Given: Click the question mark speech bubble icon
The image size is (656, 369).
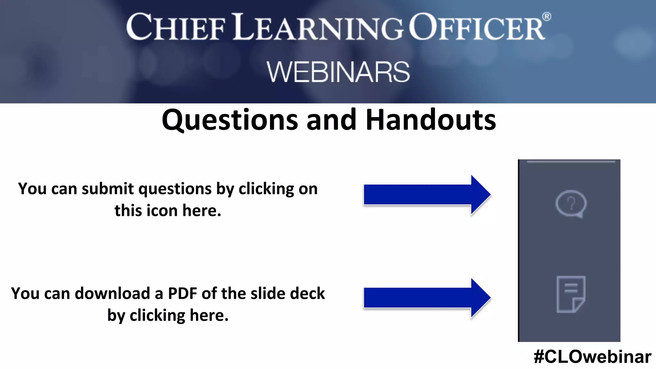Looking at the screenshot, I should click(x=571, y=204).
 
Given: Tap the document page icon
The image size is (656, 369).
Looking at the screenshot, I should click(x=571, y=294).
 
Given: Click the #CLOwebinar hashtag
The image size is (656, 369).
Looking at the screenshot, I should click(x=592, y=357).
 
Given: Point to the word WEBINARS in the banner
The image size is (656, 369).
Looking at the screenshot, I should click(x=338, y=72).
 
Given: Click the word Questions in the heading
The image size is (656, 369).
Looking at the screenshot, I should click(x=229, y=120).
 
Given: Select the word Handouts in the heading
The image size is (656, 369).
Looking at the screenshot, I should click(x=431, y=120).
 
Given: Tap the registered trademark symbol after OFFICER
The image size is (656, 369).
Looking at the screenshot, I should click(x=546, y=16).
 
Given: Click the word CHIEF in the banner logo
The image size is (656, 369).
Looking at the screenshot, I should click(x=176, y=28).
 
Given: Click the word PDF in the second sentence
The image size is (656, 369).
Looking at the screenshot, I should click(x=183, y=293).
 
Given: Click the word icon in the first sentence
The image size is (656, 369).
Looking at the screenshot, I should click(x=162, y=211).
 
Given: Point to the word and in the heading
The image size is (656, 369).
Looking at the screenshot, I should click(x=331, y=120).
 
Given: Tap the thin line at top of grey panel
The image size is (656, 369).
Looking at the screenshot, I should click(x=571, y=162).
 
